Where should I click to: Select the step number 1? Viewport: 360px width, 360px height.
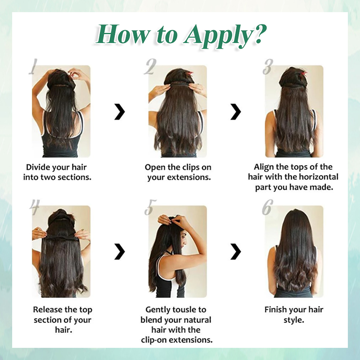(x=33, y=67)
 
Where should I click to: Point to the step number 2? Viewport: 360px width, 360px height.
(x=150, y=67)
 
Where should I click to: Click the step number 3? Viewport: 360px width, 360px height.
(x=268, y=67)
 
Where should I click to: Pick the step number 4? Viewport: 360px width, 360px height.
(x=35, y=207)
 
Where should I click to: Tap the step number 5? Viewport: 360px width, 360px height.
(x=150, y=207)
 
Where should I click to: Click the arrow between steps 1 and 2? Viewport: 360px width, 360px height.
(x=119, y=112)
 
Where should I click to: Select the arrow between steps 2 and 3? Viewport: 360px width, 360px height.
(x=235, y=112)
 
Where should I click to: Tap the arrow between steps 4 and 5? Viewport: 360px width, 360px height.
(x=119, y=252)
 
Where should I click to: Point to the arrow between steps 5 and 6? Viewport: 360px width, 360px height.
(x=235, y=252)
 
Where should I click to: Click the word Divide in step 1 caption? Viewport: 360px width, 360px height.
(x=38, y=167)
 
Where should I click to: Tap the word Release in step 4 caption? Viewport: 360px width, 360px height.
(x=47, y=310)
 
